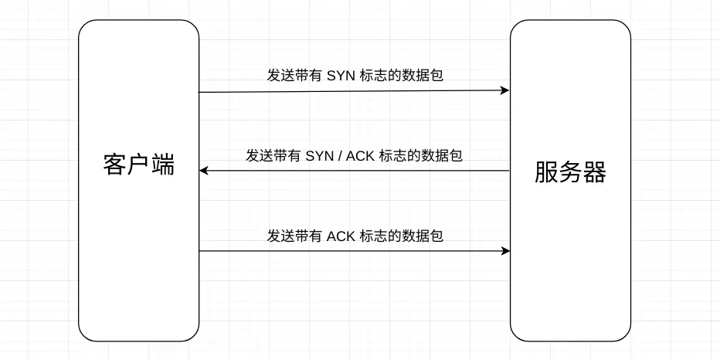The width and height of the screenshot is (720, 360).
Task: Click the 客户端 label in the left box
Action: (139, 165)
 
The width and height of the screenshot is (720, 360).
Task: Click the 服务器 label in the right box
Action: (570, 173)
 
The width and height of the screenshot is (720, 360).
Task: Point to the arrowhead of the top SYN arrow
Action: (504, 90)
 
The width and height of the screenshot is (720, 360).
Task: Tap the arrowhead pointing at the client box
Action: (205, 171)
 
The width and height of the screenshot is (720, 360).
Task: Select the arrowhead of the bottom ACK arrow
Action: (505, 251)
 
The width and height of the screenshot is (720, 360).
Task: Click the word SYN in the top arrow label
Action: (340, 75)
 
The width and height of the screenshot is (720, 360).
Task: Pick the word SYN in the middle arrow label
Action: (319, 155)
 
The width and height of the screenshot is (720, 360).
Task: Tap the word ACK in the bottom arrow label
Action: (341, 236)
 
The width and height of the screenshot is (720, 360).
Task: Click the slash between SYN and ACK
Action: (339, 155)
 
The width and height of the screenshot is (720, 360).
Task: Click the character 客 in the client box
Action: (114, 165)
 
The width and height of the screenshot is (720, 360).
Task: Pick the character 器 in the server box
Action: (595, 173)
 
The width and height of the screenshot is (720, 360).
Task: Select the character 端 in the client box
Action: (163, 165)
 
